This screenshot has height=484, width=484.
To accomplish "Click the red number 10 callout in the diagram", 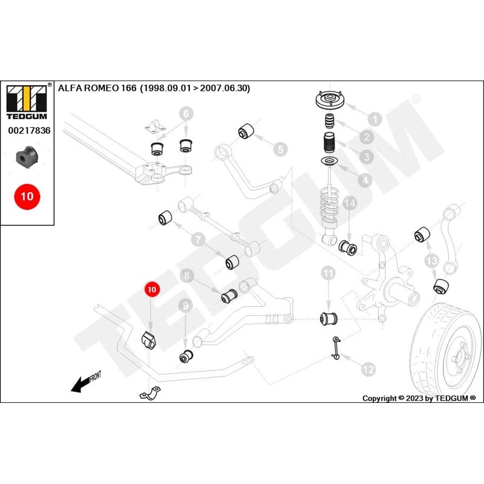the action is coord(151,290).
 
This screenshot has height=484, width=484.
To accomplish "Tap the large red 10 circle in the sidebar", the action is coord(27,197).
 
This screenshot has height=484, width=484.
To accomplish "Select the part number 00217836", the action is coord(29,130).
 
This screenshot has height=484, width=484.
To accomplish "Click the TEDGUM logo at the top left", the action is coord(26,99).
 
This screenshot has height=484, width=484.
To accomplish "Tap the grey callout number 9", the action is coord(185,307).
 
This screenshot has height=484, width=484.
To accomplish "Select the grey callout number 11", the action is coord(328,273).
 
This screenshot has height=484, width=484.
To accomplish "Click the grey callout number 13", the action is coord(431,261).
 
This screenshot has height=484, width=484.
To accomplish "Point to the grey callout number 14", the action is coord(349,204).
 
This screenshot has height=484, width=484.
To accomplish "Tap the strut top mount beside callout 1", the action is coord(330,100).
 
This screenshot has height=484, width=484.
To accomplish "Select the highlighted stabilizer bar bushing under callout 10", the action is coord(149,341).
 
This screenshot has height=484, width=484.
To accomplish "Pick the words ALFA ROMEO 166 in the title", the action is coord(97,88).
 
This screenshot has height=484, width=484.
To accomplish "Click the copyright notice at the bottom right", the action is coord(419,398).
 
